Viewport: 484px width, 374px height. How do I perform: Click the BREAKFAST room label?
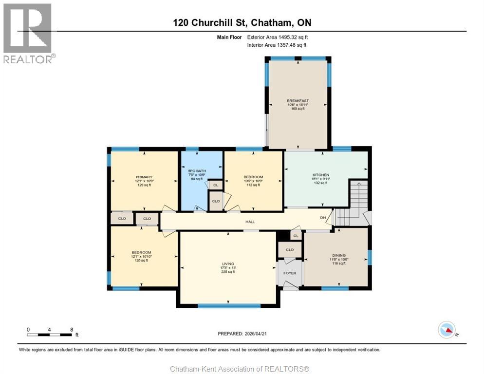(x=298, y=101)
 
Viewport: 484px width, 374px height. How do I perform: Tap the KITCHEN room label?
(x=321, y=175)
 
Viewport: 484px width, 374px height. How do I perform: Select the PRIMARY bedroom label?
(x=144, y=177)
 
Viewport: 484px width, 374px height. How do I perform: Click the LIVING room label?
(x=228, y=263)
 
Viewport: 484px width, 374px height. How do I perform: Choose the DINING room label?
(x=339, y=255)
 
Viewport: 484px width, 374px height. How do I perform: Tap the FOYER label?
(x=290, y=273)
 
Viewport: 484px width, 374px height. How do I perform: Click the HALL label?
(x=250, y=222)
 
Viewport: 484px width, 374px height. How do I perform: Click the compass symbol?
(x=447, y=330)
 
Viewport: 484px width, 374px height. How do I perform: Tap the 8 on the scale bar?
(x=72, y=329)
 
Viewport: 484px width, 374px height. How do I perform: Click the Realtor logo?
(x=28, y=33)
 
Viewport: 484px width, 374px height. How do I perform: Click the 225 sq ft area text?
(x=228, y=272)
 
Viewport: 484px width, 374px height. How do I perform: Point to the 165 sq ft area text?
(x=298, y=109)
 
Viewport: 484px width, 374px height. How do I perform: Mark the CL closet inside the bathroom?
(x=215, y=185)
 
